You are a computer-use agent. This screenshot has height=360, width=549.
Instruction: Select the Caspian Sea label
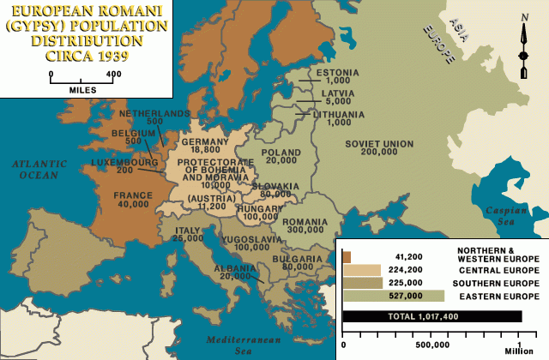520,215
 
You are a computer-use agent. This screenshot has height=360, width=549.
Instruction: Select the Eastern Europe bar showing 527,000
393,296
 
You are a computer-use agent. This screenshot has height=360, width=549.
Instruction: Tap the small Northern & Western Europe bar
347,256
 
